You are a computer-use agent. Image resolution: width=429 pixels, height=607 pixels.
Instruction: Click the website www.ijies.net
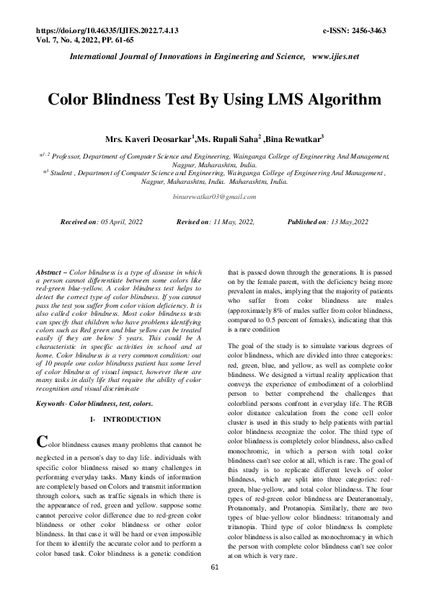pyautogui.click(x=335, y=56)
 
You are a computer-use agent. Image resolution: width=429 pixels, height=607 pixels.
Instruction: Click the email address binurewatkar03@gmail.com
pyautogui.click(x=215, y=196)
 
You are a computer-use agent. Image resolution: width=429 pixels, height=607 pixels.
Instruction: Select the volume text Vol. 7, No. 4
pyautogui.click(x=66, y=41)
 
